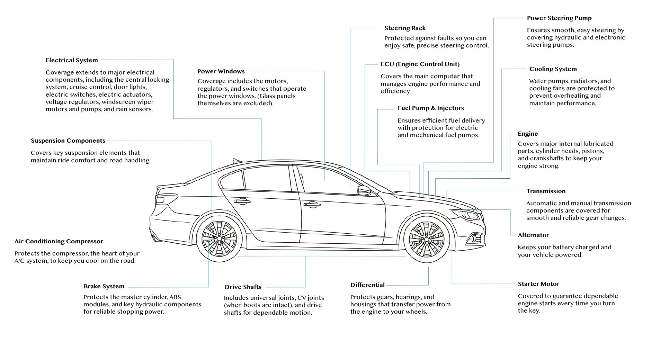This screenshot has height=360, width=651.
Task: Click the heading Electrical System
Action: click(x=72, y=60)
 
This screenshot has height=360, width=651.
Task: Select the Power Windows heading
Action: click(x=221, y=71)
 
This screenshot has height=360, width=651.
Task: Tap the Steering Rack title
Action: click(x=405, y=28)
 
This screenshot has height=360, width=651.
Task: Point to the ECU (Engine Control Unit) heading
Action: click(x=420, y=64)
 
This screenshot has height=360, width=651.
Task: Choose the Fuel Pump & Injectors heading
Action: click(x=430, y=108)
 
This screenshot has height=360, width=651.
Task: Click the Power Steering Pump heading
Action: click(x=559, y=18)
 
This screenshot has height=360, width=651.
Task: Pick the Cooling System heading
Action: click(x=553, y=69)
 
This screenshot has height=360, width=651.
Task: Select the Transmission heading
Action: click(x=545, y=191)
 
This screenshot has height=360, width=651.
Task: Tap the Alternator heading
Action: click(x=533, y=235)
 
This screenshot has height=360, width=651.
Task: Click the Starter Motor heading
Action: click(x=538, y=284)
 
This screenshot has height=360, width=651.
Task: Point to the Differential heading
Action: click(x=367, y=285)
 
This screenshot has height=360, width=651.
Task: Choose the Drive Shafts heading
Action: click(x=243, y=287)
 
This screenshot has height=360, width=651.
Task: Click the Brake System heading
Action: click(x=104, y=286)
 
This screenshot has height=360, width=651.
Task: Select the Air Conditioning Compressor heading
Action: click(x=59, y=241)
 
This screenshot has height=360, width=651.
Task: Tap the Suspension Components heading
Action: click(x=68, y=141)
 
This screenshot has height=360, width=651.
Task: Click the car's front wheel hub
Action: click(x=426, y=239)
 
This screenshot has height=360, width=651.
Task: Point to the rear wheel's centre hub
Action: click(x=219, y=238)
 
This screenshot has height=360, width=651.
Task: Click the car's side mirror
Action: click(x=364, y=190)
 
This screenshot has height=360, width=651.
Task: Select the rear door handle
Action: click(x=242, y=201)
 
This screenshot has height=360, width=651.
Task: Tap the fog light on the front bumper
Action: click(x=473, y=238)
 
